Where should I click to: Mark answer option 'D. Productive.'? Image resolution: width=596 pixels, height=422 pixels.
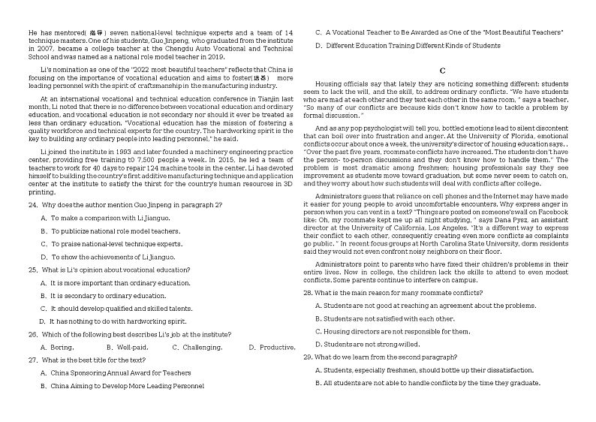[x=272, y=347]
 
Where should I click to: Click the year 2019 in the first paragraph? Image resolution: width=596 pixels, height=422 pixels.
[x=215, y=56]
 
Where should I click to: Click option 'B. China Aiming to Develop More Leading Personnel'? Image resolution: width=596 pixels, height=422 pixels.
[x=122, y=386]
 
